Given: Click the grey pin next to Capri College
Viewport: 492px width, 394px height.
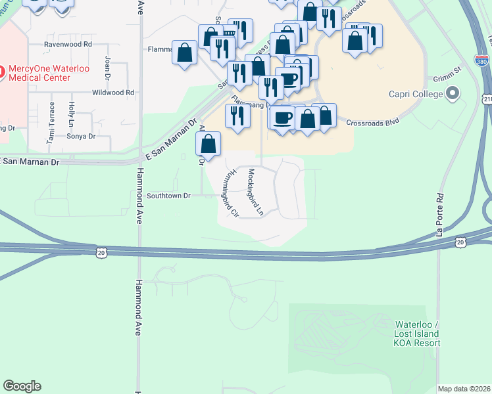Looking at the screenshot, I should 452,95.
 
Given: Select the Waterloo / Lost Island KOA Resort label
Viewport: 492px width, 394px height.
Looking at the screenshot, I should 417,334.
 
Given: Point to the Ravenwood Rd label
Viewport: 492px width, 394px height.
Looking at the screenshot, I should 67,45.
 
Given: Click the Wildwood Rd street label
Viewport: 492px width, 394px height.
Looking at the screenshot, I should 112,93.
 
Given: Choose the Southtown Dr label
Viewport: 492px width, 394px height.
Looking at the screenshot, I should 168,196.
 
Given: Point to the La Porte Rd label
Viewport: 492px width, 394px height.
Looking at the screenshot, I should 439,214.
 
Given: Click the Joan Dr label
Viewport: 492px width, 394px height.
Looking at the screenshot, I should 107,66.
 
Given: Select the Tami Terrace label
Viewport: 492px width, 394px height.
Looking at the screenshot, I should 50,129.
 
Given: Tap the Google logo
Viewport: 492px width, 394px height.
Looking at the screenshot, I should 22,386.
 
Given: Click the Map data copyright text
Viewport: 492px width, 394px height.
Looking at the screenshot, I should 464,389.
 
